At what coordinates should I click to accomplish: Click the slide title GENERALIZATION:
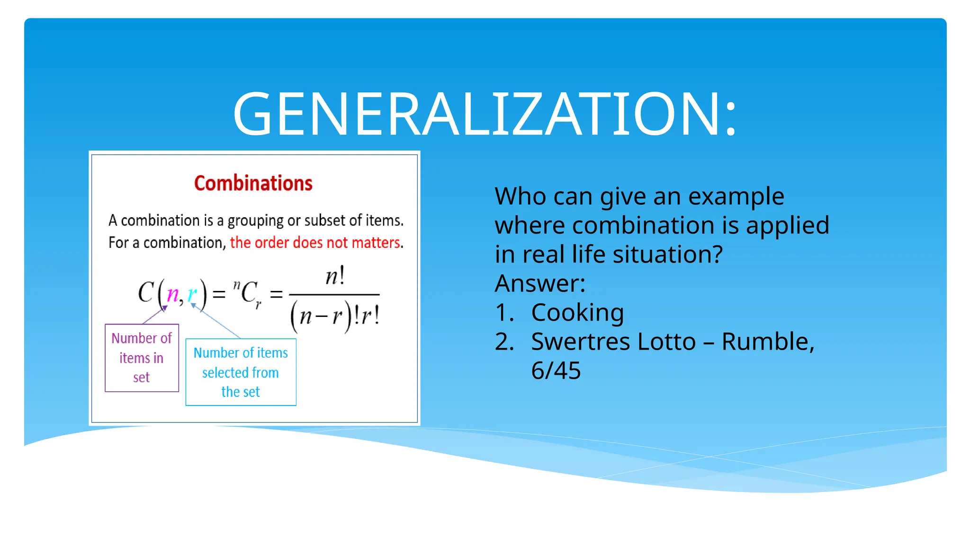pyautogui.click(x=485, y=114)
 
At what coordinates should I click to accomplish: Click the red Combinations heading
pyautogui.click(x=253, y=184)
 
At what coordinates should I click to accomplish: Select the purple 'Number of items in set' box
pyautogui.click(x=142, y=358)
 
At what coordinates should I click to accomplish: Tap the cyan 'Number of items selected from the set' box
pyautogui.click(x=241, y=372)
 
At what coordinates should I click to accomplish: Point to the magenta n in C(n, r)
pyautogui.click(x=173, y=294)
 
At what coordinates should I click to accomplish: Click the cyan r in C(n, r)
pyautogui.click(x=192, y=294)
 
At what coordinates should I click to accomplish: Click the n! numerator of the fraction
pyautogui.click(x=335, y=276)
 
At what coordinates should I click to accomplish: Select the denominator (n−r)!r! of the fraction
pyautogui.click(x=335, y=316)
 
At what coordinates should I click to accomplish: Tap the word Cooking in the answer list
pyautogui.click(x=577, y=312)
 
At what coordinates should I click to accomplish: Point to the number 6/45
pyautogui.click(x=556, y=370)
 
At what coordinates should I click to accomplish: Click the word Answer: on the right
pyautogui.click(x=540, y=283)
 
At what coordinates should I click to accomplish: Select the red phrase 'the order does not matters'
pyautogui.click(x=315, y=243)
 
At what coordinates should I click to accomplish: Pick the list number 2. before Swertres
pyautogui.click(x=504, y=342)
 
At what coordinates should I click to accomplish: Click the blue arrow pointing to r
pyautogui.click(x=216, y=321)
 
